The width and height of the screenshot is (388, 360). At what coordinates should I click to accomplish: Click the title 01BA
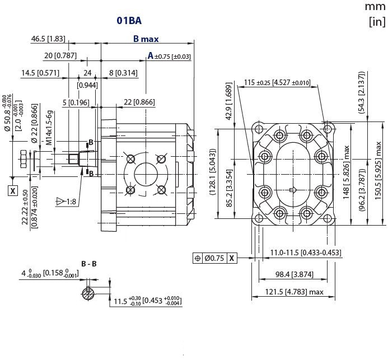[129, 21]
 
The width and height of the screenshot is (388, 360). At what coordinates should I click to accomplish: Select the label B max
[146, 39]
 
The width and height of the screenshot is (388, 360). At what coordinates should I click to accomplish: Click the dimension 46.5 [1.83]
[48, 39]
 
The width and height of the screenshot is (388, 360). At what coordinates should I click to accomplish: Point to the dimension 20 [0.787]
[60, 55]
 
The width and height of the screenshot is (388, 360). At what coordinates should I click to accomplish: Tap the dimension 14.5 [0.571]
[40, 73]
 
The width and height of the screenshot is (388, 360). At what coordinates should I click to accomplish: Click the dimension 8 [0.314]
[123, 73]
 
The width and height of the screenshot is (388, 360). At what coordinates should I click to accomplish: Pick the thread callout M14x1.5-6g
[49, 128]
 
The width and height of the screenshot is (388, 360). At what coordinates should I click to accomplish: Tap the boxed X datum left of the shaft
[12, 190]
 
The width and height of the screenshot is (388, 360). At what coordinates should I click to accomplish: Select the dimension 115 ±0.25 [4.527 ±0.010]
[277, 83]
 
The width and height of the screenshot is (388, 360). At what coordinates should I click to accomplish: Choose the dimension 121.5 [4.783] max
[294, 292]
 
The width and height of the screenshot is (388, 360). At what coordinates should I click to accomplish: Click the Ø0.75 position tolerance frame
[214, 258]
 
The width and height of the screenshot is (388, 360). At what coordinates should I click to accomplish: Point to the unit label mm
[375, 7]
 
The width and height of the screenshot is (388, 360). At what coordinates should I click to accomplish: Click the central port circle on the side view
[146, 174]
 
